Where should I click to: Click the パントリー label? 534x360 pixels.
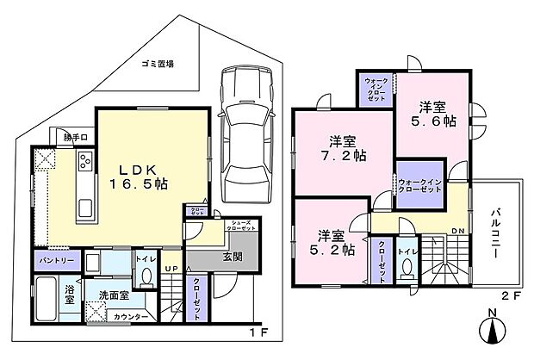pyautogui.click(x=56, y=258)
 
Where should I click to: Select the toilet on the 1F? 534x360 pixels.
pyautogui.click(x=146, y=275)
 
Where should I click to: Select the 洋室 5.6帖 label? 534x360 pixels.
pyautogui.click(x=433, y=115)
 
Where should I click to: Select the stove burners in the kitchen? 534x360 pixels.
pyautogui.click(x=87, y=160)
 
